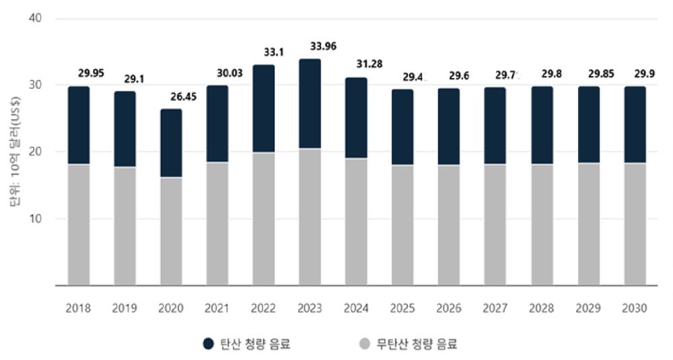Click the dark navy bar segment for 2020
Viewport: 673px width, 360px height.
tap(171, 143)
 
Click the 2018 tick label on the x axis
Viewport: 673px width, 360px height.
tap(78, 308)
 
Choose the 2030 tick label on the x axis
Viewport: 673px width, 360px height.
tap(635, 308)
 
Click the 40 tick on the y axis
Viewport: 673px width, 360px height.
tap(37, 18)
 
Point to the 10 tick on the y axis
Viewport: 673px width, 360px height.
tap(37, 219)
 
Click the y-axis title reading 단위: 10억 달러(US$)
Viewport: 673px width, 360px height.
tap(17, 152)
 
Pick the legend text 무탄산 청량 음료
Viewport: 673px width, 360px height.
tap(417, 344)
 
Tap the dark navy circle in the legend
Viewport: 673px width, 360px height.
tap(209, 344)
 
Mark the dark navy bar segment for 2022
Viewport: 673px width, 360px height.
tap(263, 108)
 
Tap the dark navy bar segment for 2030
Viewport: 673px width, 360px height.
tap(635, 124)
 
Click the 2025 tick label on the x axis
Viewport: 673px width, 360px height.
tap(402, 308)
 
